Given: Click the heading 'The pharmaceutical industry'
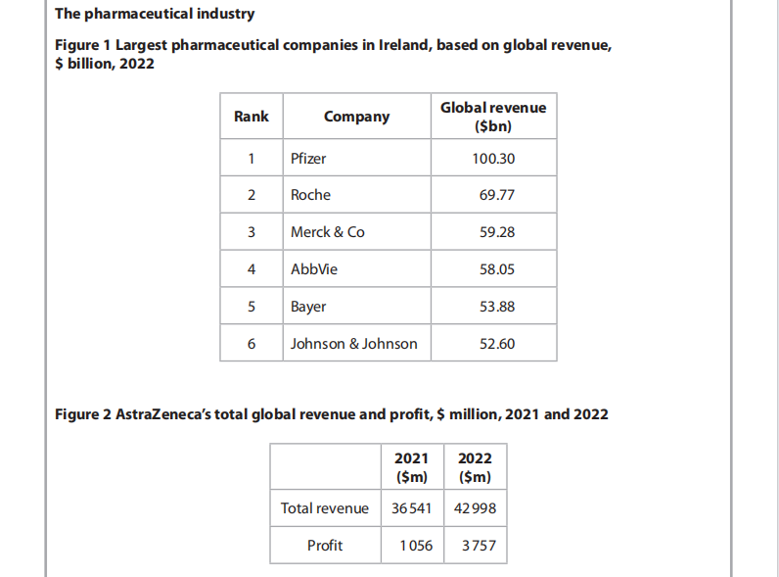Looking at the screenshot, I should point(156,14).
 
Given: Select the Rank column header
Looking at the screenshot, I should point(252,117).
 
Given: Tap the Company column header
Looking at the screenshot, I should point(356,117).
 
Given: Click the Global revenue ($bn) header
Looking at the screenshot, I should point(493,117).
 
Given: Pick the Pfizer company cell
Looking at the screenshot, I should point(308,158).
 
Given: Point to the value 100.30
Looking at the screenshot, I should point(493,158).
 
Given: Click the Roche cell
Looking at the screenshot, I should point(310,195).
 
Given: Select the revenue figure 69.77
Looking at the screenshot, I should point(496,195).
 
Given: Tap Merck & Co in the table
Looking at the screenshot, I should point(327,232).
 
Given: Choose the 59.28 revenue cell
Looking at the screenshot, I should point(496,232).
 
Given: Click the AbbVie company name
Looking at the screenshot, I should point(314,269).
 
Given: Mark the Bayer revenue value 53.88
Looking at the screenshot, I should point(496,307).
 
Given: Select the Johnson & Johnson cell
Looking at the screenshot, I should point(353,344).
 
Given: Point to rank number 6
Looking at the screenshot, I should point(252,344).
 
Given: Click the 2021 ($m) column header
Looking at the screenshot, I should point(411,468).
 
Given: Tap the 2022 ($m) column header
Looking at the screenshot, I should point(475,468).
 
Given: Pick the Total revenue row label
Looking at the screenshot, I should point(325,508).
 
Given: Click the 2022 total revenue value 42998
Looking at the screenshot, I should point(475,508).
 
